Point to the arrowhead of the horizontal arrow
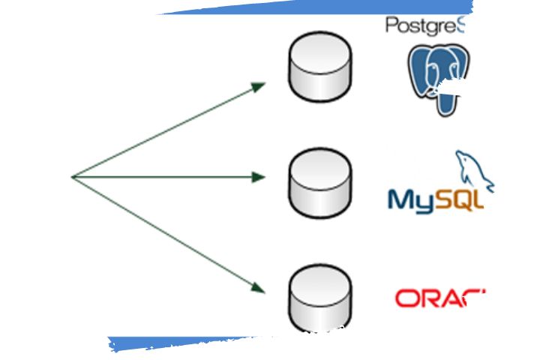[259, 177]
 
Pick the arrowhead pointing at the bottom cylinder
[259, 287]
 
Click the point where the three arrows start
[73, 177]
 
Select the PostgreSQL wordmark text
[424, 25]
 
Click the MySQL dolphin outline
[472, 171]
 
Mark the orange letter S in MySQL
[445, 199]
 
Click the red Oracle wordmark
[439, 298]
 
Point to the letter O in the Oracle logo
[406, 298]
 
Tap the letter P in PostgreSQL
[391, 25]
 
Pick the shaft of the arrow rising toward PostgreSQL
[165, 132]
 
